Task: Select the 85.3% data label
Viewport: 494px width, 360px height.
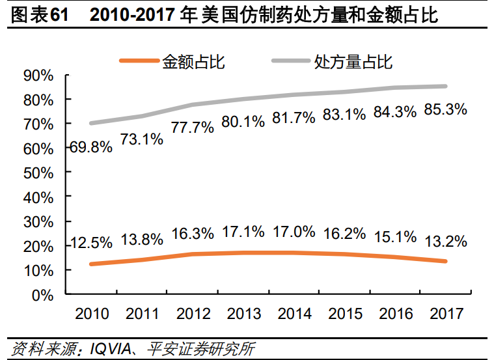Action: coord(445,110)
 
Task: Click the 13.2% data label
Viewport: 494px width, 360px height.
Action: coord(445,242)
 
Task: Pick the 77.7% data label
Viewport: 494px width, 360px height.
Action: coord(193,127)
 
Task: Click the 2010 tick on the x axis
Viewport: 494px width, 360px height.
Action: coord(91,314)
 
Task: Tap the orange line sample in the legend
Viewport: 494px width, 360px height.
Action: coord(139,62)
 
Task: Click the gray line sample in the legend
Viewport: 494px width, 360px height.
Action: coord(290,62)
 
